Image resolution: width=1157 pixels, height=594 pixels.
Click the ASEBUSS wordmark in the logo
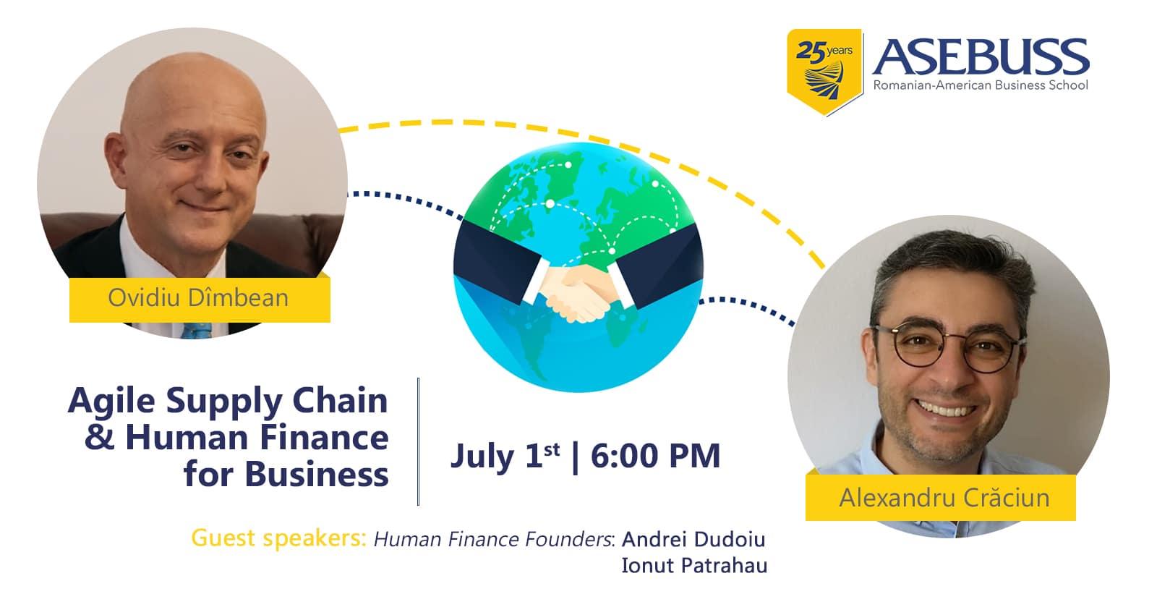pos(981,57)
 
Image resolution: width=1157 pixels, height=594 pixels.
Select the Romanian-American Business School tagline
pos(981,85)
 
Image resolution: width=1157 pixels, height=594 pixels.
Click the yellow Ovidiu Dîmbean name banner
pos(200,300)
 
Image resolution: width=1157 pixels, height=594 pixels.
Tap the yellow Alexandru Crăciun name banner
pos(941,497)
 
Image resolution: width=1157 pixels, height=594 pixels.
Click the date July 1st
pos(505,456)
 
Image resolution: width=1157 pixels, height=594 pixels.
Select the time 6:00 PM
pos(655,456)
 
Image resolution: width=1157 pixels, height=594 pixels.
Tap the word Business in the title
pos(316,474)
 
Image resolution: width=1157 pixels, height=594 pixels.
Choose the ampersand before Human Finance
pos(99,437)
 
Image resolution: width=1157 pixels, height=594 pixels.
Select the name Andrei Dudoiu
pos(693,539)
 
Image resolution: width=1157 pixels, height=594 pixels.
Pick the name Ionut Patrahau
pos(694,565)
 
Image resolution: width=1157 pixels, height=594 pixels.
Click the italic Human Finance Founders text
pos(494,539)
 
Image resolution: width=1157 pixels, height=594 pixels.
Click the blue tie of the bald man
pos(197,331)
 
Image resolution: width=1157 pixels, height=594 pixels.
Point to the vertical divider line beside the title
pos(418,441)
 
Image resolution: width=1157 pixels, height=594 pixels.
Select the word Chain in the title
pos(340,401)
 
